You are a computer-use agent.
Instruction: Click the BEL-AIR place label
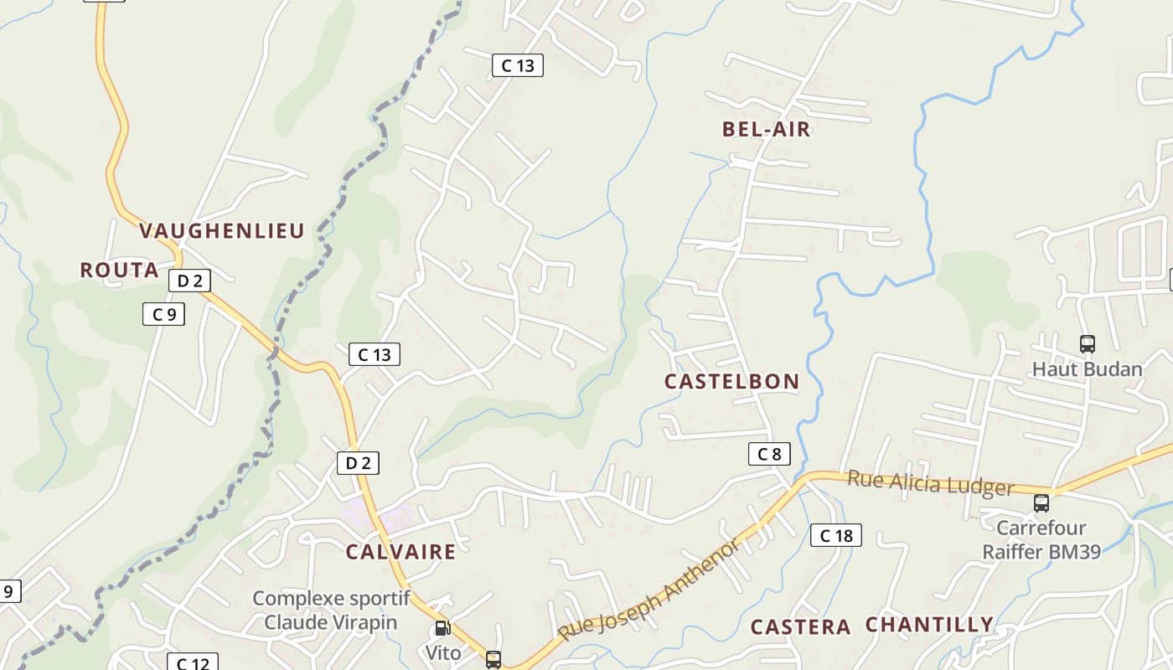pyautogui.click(x=766, y=129)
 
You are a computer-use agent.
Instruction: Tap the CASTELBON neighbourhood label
pyautogui.click(x=731, y=382)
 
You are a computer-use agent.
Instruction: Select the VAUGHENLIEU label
pyautogui.click(x=221, y=231)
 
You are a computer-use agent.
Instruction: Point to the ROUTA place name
pyautogui.click(x=119, y=270)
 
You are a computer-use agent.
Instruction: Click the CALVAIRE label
pyautogui.click(x=400, y=551)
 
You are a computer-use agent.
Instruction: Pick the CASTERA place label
pyautogui.click(x=800, y=627)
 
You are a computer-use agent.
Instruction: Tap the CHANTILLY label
pyautogui.click(x=928, y=625)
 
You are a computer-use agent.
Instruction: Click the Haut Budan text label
pyautogui.click(x=1087, y=369)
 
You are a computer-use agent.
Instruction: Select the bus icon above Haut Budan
pyautogui.click(x=1087, y=343)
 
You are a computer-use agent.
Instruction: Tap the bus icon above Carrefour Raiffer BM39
pyautogui.click(x=1041, y=502)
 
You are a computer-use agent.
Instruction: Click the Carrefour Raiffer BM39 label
pyautogui.click(x=1041, y=539)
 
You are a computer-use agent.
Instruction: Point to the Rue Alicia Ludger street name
pyautogui.click(x=930, y=483)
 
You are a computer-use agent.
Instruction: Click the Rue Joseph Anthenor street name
pyautogui.click(x=649, y=590)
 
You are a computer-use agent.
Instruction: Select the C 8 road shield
pyautogui.click(x=768, y=454)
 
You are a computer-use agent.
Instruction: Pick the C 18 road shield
pyautogui.click(x=835, y=535)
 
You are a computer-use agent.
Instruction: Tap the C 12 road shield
pyautogui.click(x=192, y=663)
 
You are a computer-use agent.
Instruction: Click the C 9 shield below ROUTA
pyautogui.click(x=163, y=314)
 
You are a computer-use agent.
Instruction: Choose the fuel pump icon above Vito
pyautogui.click(x=442, y=628)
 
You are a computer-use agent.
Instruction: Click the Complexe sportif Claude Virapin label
pyautogui.click(x=330, y=610)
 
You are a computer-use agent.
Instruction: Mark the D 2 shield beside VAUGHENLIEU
pyautogui.click(x=189, y=281)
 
